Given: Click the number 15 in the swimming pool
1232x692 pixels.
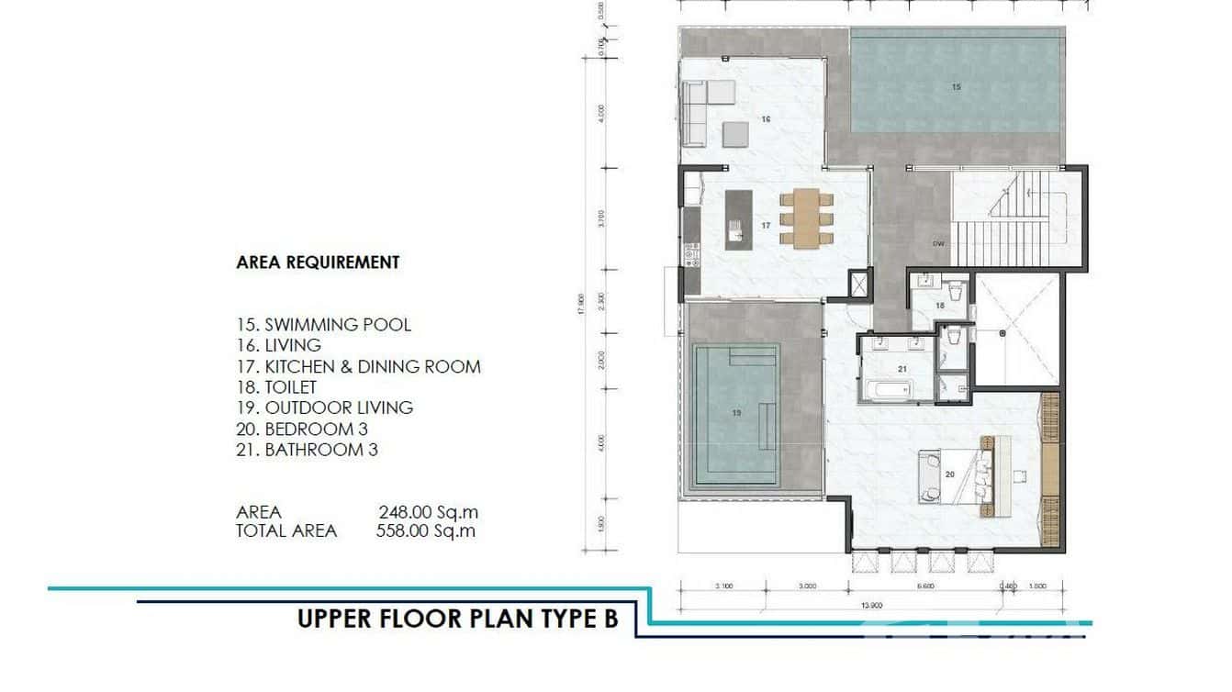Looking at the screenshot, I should point(956,87).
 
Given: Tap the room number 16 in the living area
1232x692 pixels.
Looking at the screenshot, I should point(765,119).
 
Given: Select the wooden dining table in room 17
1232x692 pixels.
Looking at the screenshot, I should point(807,217).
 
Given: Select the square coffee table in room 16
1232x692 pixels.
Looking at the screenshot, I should point(735,135).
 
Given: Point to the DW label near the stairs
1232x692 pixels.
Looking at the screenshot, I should point(938,244).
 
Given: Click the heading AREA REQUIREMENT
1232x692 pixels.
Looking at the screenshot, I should point(318,262).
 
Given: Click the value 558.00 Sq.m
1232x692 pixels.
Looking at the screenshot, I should point(426,530).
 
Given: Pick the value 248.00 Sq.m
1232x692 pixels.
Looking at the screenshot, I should point(428,512).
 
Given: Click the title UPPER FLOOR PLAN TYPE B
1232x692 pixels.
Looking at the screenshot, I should point(457,619).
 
